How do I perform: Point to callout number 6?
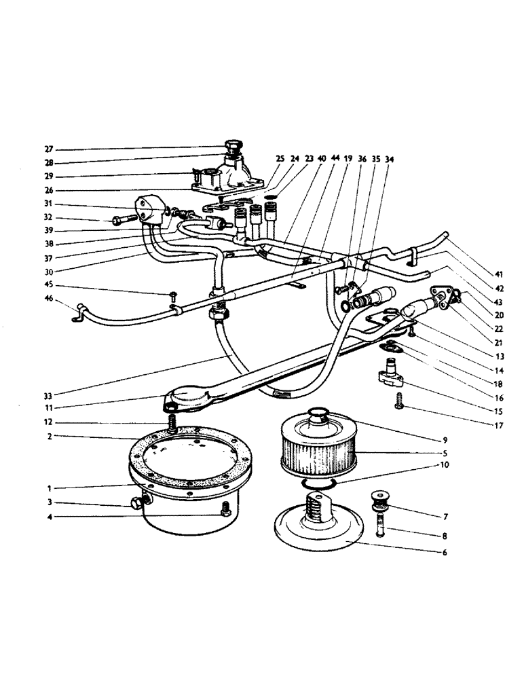pyautogui.click(x=445, y=553)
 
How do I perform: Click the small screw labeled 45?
pyautogui.click(x=173, y=295)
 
